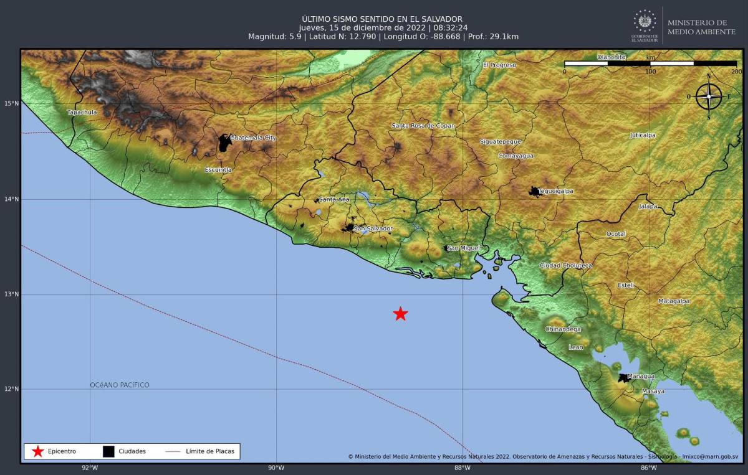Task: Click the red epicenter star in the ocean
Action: [x=400, y=314]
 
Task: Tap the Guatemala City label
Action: [x=252, y=138]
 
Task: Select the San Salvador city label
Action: [x=373, y=228]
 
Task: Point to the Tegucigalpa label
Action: [x=555, y=191]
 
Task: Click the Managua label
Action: [x=641, y=376]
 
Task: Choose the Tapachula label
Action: [x=82, y=112]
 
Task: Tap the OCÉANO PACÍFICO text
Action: [x=120, y=385]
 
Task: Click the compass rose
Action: [x=709, y=96]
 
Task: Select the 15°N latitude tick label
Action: [x=12, y=103]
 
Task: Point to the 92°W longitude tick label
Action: [x=90, y=468]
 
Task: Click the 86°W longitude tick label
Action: [x=648, y=468]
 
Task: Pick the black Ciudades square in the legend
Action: [x=108, y=451]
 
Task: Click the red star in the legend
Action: [x=38, y=451]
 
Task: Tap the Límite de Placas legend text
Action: [x=210, y=451]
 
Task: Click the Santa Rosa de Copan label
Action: [x=423, y=126]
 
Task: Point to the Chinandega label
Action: [x=563, y=329]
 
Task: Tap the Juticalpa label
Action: [x=643, y=135]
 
